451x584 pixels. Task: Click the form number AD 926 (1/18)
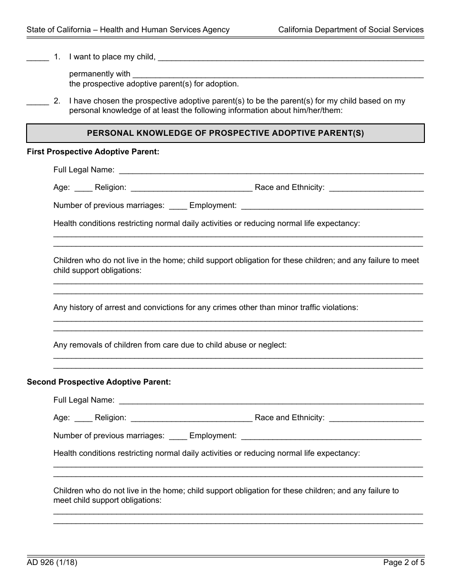point(52,563)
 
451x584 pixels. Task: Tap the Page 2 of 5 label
point(404,563)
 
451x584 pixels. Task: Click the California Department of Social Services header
point(351,29)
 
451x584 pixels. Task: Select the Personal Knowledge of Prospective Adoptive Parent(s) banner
point(225,133)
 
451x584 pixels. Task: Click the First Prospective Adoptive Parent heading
point(93,152)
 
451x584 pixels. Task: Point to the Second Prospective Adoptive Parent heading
point(99,382)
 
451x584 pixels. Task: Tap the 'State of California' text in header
point(58,29)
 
